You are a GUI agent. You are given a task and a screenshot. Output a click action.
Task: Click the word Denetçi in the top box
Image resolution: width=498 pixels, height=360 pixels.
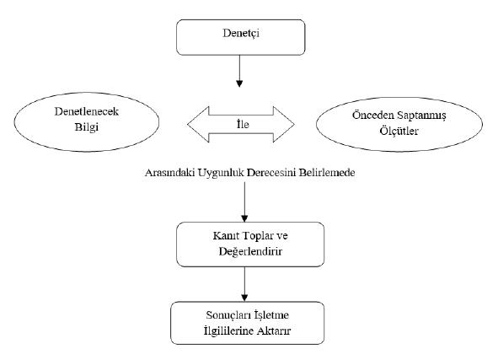tap(241, 33)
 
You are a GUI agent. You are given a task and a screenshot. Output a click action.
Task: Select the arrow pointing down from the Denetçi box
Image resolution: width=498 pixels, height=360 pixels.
tap(239, 71)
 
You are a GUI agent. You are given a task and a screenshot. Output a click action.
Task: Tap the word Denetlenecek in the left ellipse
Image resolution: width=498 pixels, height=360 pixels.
tap(87, 111)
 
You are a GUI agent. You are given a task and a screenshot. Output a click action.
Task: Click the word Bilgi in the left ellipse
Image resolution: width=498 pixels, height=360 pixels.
tap(87, 126)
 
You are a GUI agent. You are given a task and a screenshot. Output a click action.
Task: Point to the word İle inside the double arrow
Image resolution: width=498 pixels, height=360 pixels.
tap(243, 124)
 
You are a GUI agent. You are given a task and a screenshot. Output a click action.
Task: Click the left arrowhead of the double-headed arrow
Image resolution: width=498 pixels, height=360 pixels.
tap(198, 124)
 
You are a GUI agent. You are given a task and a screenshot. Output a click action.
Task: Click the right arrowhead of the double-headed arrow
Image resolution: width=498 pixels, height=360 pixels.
tap(284, 124)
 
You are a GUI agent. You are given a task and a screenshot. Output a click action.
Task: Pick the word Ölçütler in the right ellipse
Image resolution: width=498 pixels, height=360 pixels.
tap(399, 131)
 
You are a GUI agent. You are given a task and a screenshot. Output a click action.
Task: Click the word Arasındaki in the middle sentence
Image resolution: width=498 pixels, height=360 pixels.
tap(170, 173)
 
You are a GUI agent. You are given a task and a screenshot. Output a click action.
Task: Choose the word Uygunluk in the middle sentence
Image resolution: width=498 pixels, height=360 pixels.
tap(221, 173)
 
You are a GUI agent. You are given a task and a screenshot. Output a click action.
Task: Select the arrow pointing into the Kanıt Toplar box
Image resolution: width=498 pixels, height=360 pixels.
tap(244, 201)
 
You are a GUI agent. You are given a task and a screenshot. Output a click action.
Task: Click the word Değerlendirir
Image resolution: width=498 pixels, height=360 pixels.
tap(250, 251)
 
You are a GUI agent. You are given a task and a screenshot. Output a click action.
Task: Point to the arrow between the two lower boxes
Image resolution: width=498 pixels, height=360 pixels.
tap(244, 284)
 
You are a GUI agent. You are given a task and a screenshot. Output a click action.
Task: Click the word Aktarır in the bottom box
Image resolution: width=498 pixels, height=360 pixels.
tap(274, 330)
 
